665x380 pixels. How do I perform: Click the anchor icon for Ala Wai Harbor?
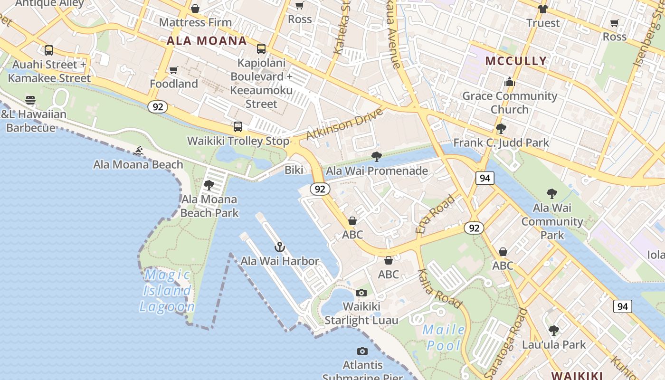tap(280, 247)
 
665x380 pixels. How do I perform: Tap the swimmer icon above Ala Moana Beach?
tap(138, 151)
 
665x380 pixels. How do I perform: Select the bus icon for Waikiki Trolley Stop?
tap(238, 127)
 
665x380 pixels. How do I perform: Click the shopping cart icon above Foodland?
tap(174, 70)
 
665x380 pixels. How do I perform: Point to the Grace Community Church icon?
tap(510, 82)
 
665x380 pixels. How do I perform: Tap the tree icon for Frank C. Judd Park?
tap(501, 129)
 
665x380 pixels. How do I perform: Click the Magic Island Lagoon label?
tap(167, 291)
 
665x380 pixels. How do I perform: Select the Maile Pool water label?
tap(444, 337)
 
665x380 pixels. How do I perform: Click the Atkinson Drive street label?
tap(344, 124)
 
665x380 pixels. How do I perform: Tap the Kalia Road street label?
tap(439, 288)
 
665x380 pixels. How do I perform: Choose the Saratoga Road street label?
tap(507, 342)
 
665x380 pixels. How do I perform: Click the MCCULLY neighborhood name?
tap(516, 61)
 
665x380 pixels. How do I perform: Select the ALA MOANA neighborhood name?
tap(207, 41)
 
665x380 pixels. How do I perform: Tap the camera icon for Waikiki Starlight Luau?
tap(361, 293)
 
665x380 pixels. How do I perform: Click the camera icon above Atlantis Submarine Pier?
tap(362, 351)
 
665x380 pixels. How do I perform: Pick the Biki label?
tap(294, 170)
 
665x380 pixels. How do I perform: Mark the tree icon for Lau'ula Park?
tap(553, 331)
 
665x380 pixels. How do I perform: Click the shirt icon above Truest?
tap(543, 9)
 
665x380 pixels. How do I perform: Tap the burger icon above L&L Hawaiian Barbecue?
tap(30, 100)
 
